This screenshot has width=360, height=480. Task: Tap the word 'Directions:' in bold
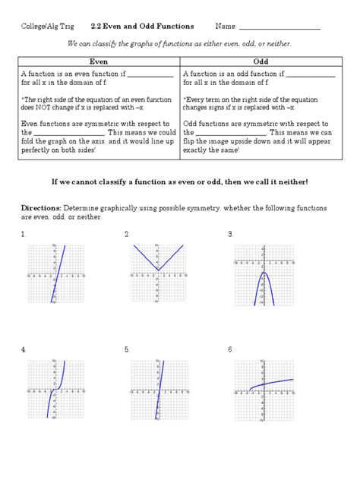[x=42, y=207]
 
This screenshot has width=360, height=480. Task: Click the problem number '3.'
[x=230, y=234]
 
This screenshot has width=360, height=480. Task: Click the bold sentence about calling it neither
[x=179, y=182]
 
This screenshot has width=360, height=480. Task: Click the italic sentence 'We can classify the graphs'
[x=179, y=44]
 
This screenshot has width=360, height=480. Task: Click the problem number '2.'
[x=127, y=234]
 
